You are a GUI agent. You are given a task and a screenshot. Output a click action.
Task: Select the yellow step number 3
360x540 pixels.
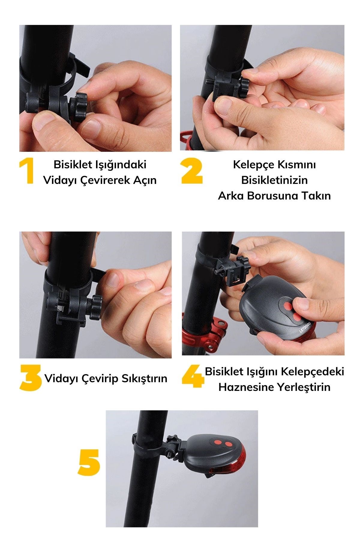point(30,378)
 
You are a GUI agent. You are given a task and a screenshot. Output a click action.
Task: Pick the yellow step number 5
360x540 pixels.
point(89,462)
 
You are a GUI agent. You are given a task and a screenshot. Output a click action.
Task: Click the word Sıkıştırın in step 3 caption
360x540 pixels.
point(144,379)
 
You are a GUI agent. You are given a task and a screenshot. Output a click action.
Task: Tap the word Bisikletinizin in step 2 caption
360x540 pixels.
point(274,180)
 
